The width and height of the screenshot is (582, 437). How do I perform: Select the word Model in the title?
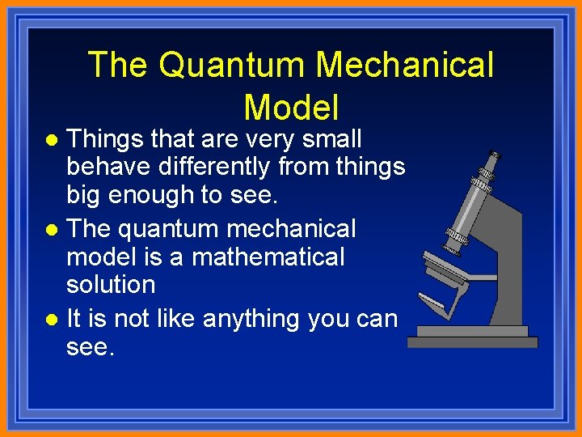[x=291, y=108]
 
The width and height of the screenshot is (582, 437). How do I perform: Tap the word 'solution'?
[x=111, y=285]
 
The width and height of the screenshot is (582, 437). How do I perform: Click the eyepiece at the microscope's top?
[x=487, y=167]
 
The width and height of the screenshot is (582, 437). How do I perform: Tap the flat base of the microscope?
[x=472, y=342]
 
